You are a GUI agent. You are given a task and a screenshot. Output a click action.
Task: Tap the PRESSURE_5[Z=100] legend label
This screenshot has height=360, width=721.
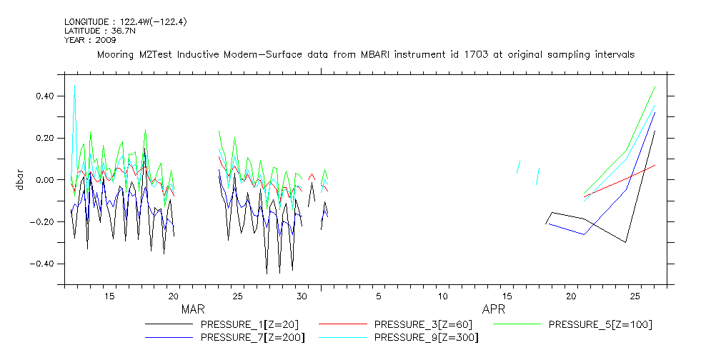point(600,324)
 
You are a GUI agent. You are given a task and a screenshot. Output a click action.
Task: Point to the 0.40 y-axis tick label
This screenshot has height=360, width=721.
point(45,96)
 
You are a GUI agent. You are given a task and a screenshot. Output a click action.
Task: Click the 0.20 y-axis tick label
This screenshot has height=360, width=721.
point(45,138)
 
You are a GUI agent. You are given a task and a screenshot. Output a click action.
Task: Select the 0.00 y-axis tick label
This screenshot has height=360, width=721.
point(45,180)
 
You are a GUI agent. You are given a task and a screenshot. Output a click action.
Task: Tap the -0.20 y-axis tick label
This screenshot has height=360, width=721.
point(43,222)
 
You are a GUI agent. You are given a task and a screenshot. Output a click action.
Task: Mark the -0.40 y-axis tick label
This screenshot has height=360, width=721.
point(43,264)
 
